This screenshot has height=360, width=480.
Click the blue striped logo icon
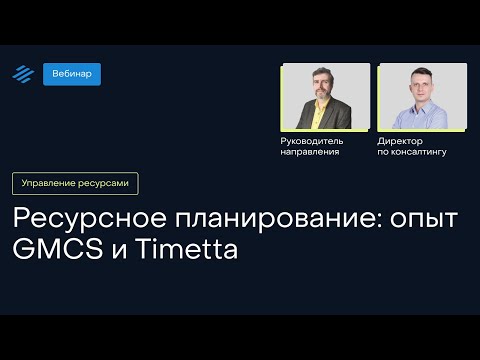22,74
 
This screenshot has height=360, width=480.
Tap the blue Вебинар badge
72,74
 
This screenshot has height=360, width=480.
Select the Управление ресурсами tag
75,183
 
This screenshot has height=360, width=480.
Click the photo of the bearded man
325,96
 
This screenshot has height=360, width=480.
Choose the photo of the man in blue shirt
423,96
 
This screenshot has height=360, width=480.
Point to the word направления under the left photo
310,152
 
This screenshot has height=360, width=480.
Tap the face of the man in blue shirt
424,89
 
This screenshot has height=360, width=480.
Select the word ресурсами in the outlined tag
104,183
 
